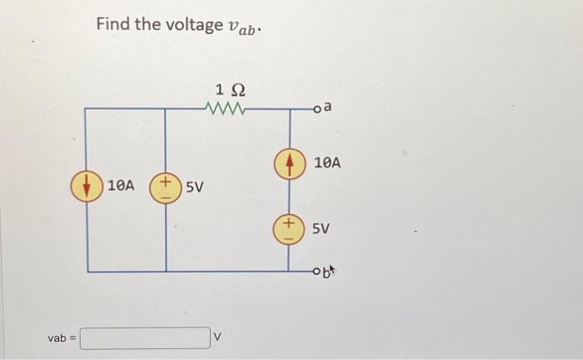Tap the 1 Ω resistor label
(x=231, y=90)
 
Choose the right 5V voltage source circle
(x=289, y=227)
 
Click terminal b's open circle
(x=317, y=271)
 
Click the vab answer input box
(x=145, y=338)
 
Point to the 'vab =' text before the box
(x=62, y=338)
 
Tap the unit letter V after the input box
(x=219, y=338)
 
